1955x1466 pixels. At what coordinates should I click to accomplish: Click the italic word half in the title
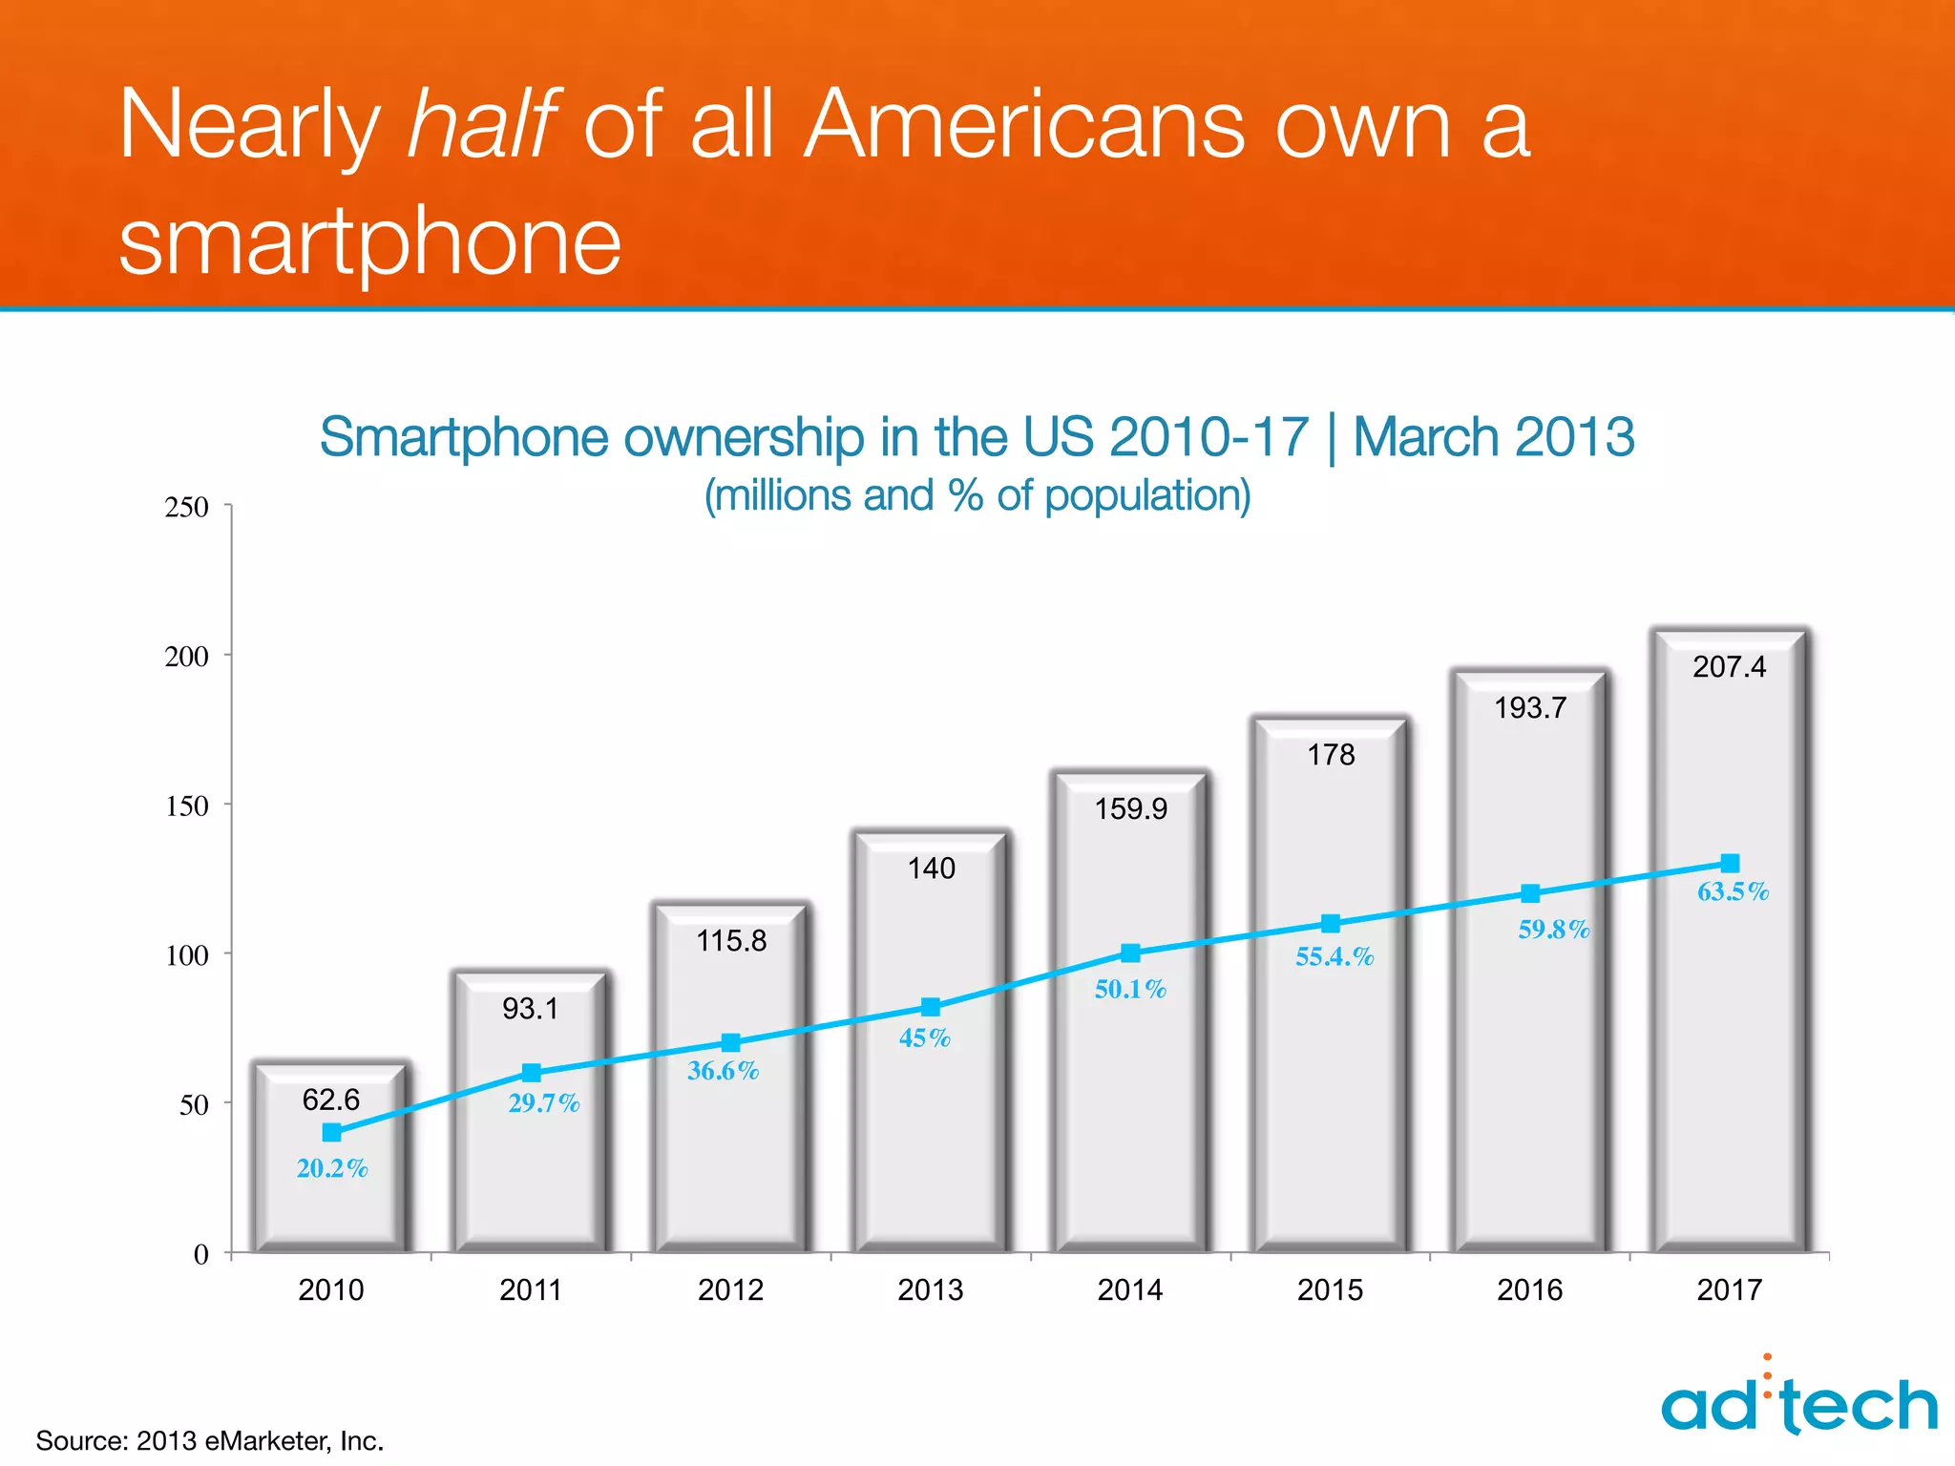(x=482, y=124)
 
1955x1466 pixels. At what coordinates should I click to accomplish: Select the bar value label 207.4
(x=1729, y=666)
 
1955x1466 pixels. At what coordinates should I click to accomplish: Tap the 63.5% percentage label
(x=1733, y=891)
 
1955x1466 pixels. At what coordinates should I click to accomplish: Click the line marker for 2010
(x=331, y=1133)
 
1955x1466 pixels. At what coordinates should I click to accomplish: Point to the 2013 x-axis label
(x=930, y=1290)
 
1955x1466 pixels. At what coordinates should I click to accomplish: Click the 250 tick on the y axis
(x=187, y=507)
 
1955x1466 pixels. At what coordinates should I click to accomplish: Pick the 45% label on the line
(x=924, y=1037)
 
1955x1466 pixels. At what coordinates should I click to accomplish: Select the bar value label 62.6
(x=330, y=1099)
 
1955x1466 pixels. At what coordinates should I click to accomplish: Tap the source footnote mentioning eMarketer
(x=210, y=1440)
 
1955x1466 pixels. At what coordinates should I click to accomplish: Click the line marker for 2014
(x=1130, y=953)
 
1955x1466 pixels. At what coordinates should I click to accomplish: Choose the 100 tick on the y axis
(x=187, y=955)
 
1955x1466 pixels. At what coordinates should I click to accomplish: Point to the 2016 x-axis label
(x=1529, y=1290)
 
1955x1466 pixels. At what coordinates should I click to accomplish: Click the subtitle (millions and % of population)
(x=977, y=496)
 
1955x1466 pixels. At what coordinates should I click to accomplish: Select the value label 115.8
(x=731, y=941)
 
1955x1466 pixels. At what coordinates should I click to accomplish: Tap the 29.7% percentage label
(x=543, y=1103)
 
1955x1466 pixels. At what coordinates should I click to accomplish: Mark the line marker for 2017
(x=1730, y=863)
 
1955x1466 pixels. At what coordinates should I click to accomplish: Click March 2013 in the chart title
(x=1493, y=438)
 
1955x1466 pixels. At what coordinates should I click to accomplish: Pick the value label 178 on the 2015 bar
(x=1331, y=755)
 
